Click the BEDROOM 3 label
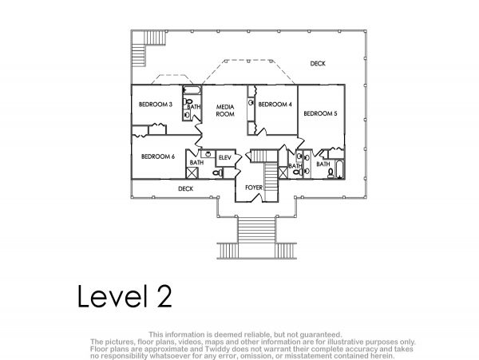click(x=156, y=105)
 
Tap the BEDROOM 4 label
click(x=275, y=105)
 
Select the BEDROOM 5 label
click(x=320, y=113)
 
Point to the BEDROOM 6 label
click(x=158, y=156)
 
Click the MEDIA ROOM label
click(x=225, y=110)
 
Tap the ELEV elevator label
click(x=225, y=157)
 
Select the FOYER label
click(x=254, y=188)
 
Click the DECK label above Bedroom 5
click(x=318, y=64)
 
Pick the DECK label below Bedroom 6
click(x=185, y=189)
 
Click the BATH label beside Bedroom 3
click(x=194, y=107)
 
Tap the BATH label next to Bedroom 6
click(x=196, y=163)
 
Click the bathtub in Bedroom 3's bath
click(x=192, y=90)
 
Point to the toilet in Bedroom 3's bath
click(x=188, y=101)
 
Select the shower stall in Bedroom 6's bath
click(x=192, y=172)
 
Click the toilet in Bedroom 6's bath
click(x=218, y=173)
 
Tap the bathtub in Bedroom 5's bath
click(x=340, y=169)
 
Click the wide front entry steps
click(x=256, y=230)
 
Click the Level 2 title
click(x=125, y=295)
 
